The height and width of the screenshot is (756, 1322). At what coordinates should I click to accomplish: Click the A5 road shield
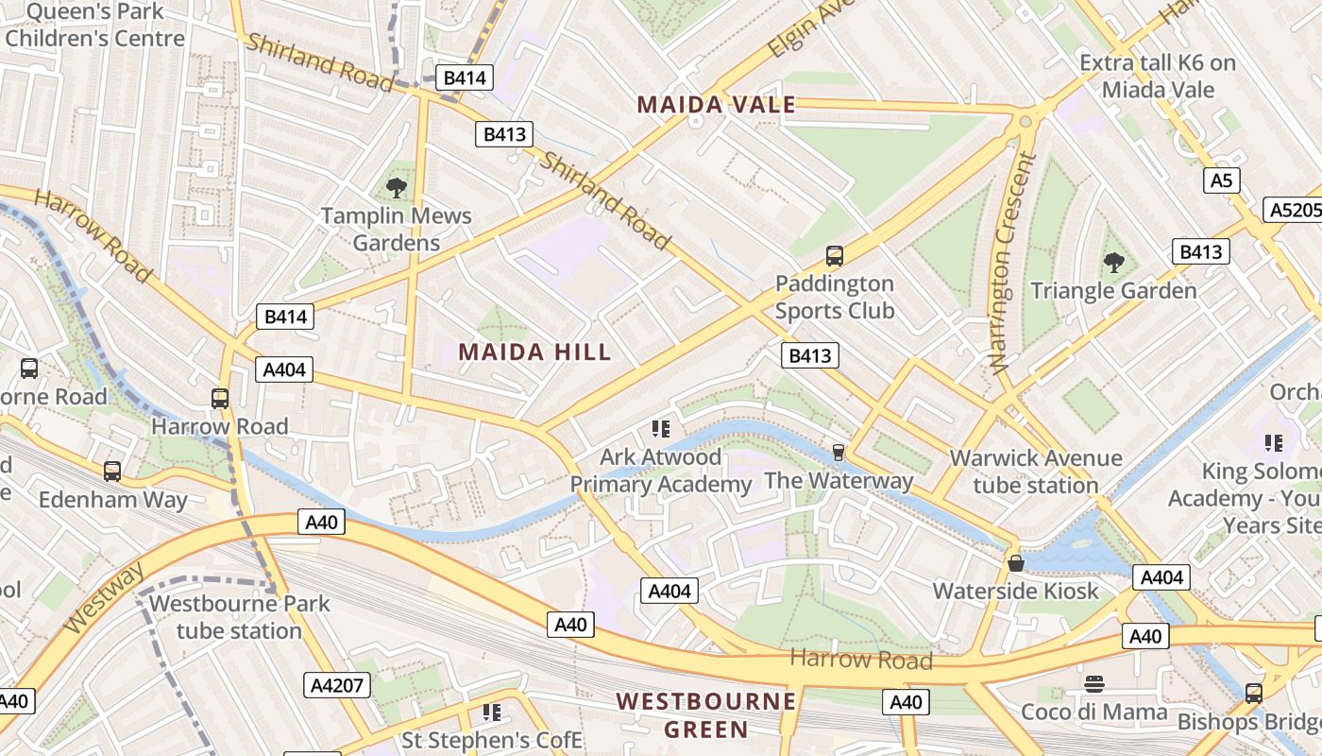tap(1222, 180)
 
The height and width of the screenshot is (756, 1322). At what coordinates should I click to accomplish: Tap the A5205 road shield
tap(1293, 210)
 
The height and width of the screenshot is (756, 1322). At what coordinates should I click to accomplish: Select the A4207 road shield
tap(337, 685)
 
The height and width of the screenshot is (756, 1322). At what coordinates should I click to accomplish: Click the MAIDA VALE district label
tap(717, 105)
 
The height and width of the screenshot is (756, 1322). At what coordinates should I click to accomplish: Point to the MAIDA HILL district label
tap(534, 352)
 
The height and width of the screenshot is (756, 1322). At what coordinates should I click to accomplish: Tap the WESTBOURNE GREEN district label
tap(705, 715)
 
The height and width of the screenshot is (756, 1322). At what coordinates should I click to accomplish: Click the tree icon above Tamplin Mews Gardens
tap(397, 187)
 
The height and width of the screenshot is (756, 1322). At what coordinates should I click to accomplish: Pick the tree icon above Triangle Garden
tap(1114, 262)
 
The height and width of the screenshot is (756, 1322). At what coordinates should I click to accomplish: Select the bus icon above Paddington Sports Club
tap(834, 255)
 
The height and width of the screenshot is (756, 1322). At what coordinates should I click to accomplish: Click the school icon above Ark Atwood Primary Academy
tap(661, 429)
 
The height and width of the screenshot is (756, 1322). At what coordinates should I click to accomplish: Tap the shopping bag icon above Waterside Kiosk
tap(1016, 563)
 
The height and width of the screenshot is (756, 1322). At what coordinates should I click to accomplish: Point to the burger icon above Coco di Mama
tap(1094, 683)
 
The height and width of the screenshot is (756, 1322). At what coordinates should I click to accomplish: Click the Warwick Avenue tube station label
tap(1036, 472)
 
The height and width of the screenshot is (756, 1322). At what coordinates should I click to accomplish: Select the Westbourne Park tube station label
tap(239, 616)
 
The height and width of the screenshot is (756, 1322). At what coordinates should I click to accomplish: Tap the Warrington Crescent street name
tap(1011, 265)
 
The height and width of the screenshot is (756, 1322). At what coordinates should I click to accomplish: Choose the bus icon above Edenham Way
tap(112, 471)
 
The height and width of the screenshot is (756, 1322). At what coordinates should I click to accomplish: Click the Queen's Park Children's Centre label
tap(94, 26)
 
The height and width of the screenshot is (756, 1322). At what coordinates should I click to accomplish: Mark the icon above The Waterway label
tap(838, 453)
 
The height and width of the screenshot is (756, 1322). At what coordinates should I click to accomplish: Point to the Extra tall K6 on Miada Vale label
tap(1157, 76)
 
